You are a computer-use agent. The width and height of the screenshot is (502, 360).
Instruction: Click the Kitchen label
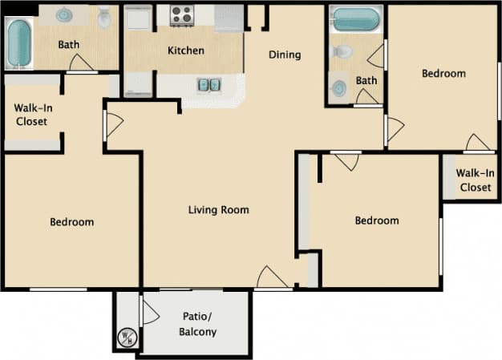click(185, 51)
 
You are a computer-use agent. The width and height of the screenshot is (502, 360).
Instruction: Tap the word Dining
click(285, 55)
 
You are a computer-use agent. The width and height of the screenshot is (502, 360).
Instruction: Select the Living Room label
click(218, 210)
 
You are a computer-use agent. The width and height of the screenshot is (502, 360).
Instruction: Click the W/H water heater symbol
click(127, 338)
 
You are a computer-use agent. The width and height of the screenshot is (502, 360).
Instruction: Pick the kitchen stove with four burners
click(182, 15)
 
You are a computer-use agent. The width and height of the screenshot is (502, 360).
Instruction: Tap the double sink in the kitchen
click(208, 83)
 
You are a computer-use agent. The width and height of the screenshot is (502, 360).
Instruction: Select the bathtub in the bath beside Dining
click(357, 19)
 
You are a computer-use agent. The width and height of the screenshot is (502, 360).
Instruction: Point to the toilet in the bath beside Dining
click(342, 52)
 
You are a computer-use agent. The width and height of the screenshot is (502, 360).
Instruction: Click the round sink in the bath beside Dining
click(338, 87)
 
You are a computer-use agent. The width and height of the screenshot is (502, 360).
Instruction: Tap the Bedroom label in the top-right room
click(443, 74)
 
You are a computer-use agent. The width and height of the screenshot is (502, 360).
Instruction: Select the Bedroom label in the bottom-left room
click(71, 222)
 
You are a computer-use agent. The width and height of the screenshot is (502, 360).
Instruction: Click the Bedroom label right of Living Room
click(377, 220)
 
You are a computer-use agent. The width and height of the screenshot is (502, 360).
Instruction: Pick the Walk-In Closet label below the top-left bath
click(30, 115)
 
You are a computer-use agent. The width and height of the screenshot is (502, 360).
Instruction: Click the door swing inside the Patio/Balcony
click(149, 311)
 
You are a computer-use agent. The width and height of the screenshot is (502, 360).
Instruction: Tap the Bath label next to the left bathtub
click(68, 45)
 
